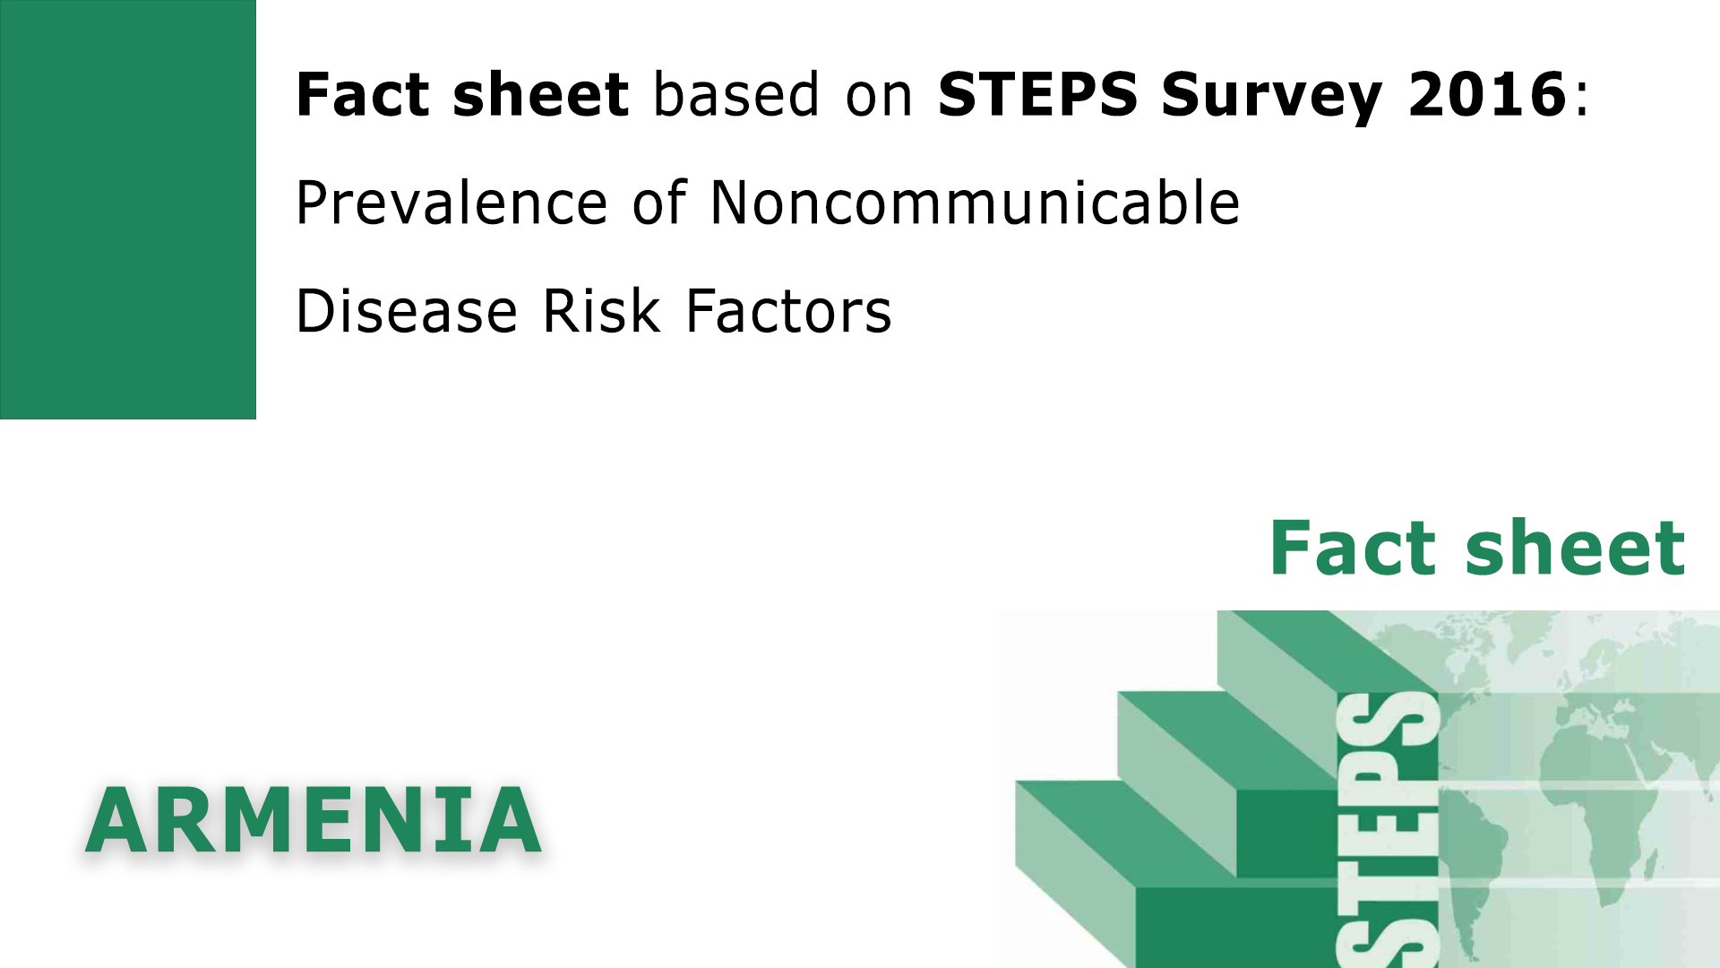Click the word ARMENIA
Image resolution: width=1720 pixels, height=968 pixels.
(314, 821)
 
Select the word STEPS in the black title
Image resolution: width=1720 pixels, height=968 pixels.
(1037, 94)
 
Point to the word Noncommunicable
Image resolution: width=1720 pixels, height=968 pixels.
(975, 203)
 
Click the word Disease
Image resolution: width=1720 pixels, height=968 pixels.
(407, 311)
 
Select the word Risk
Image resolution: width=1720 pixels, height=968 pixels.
(601, 311)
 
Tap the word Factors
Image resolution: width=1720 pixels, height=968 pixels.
(788, 311)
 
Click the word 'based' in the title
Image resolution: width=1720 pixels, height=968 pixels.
(736, 94)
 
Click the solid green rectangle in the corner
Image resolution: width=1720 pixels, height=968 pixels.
(127, 209)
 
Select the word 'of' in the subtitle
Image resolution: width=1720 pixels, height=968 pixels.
(658, 203)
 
